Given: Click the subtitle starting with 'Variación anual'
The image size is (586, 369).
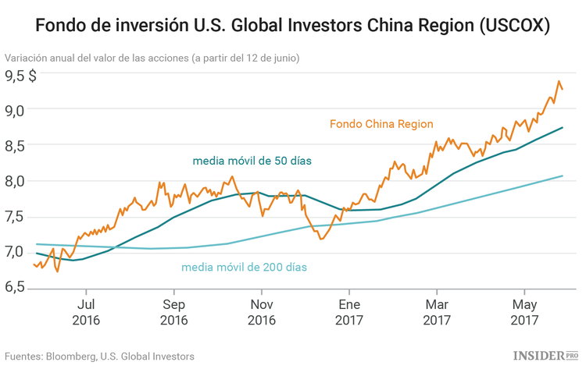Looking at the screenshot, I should point(152,58).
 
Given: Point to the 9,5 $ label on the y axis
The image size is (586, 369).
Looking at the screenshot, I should point(22,76).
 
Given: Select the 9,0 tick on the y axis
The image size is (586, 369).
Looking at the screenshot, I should point(16,110).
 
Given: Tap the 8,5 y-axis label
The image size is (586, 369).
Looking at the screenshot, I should point(16,145).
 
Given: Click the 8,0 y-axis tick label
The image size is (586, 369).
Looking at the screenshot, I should point(16,181).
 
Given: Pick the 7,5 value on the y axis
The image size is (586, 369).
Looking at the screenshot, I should point(16,217).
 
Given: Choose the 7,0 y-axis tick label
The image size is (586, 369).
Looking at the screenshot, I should point(16,252).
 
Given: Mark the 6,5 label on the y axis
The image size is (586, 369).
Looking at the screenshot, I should point(16,288).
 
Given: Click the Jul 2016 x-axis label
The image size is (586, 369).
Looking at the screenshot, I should point(87,311).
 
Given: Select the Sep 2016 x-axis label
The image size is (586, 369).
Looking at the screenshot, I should point(174,311).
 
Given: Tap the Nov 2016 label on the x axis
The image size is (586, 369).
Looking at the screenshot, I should point(262,311).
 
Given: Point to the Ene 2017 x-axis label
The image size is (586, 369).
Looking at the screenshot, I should point(349,311).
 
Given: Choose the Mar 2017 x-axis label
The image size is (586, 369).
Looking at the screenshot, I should point(437,311).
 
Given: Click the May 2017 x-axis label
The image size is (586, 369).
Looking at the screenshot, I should point(524,311).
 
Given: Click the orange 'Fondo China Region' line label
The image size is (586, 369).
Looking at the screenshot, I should point(381,124).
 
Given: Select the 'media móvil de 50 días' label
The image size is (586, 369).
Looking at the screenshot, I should point(252,161).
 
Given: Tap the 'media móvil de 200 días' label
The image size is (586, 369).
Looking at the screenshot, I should point(244,268).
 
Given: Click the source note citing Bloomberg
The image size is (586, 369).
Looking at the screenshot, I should point(99,356).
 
